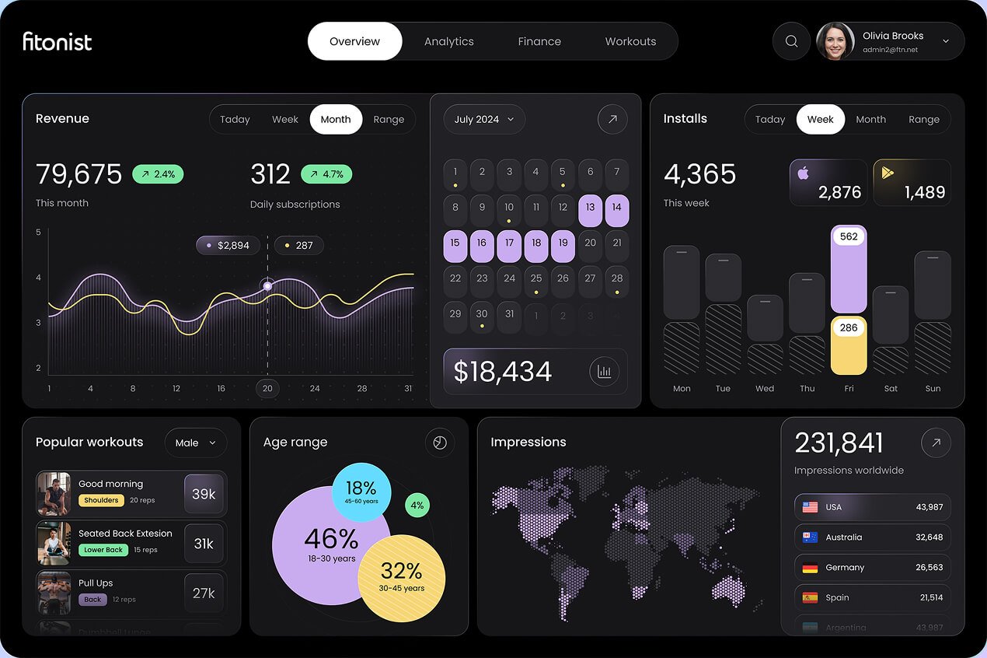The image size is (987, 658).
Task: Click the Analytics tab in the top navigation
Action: pyautogui.click(x=448, y=41)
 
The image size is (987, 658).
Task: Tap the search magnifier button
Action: pyautogui.click(x=791, y=41)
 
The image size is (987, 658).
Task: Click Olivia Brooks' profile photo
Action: pyautogui.click(x=835, y=41)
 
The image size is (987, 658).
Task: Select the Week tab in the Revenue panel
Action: pyautogui.click(x=284, y=119)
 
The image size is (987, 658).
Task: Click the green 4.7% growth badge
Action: pyautogui.click(x=326, y=174)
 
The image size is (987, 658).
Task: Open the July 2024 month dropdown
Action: pyautogui.click(x=484, y=119)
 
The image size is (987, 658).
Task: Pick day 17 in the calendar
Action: pyautogui.click(x=509, y=243)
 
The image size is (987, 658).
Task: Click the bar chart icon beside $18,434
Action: pyautogui.click(x=604, y=371)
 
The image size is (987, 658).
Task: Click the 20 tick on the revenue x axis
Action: pyautogui.click(x=267, y=388)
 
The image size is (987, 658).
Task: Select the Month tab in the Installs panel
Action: pyautogui.click(x=870, y=119)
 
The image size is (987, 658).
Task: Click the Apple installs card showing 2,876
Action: pyautogui.click(x=828, y=183)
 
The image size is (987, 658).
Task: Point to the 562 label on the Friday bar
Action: pyautogui.click(x=849, y=236)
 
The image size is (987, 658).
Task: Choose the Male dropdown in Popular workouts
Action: pyautogui.click(x=196, y=443)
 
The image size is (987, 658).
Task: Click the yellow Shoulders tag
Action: pyautogui.click(x=101, y=500)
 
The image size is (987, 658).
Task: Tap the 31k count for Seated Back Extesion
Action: pyautogui.click(x=204, y=544)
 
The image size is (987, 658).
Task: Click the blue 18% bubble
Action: pyautogui.click(x=361, y=492)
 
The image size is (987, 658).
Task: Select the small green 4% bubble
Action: pyautogui.click(x=417, y=506)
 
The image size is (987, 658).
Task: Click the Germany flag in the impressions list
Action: pyautogui.click(x=810, y=568)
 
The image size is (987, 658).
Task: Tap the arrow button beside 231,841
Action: pyautogui.click(x=936, y=443)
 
